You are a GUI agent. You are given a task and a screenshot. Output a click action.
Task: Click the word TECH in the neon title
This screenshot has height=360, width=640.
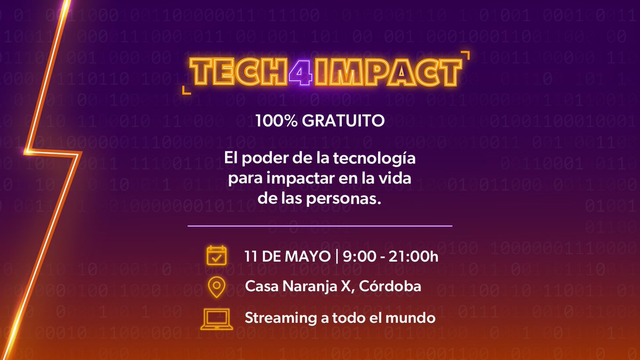click(x=239, y=71)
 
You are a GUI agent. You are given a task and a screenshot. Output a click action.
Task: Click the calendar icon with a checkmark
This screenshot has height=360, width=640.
click(x=217, y=256)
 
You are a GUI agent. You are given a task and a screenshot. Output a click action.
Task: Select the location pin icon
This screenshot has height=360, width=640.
click(x=217, y=287)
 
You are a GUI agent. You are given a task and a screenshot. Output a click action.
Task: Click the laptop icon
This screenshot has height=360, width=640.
click(x=217, y=318)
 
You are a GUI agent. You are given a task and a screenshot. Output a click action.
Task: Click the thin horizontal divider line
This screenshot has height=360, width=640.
click(x=320, y=226)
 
